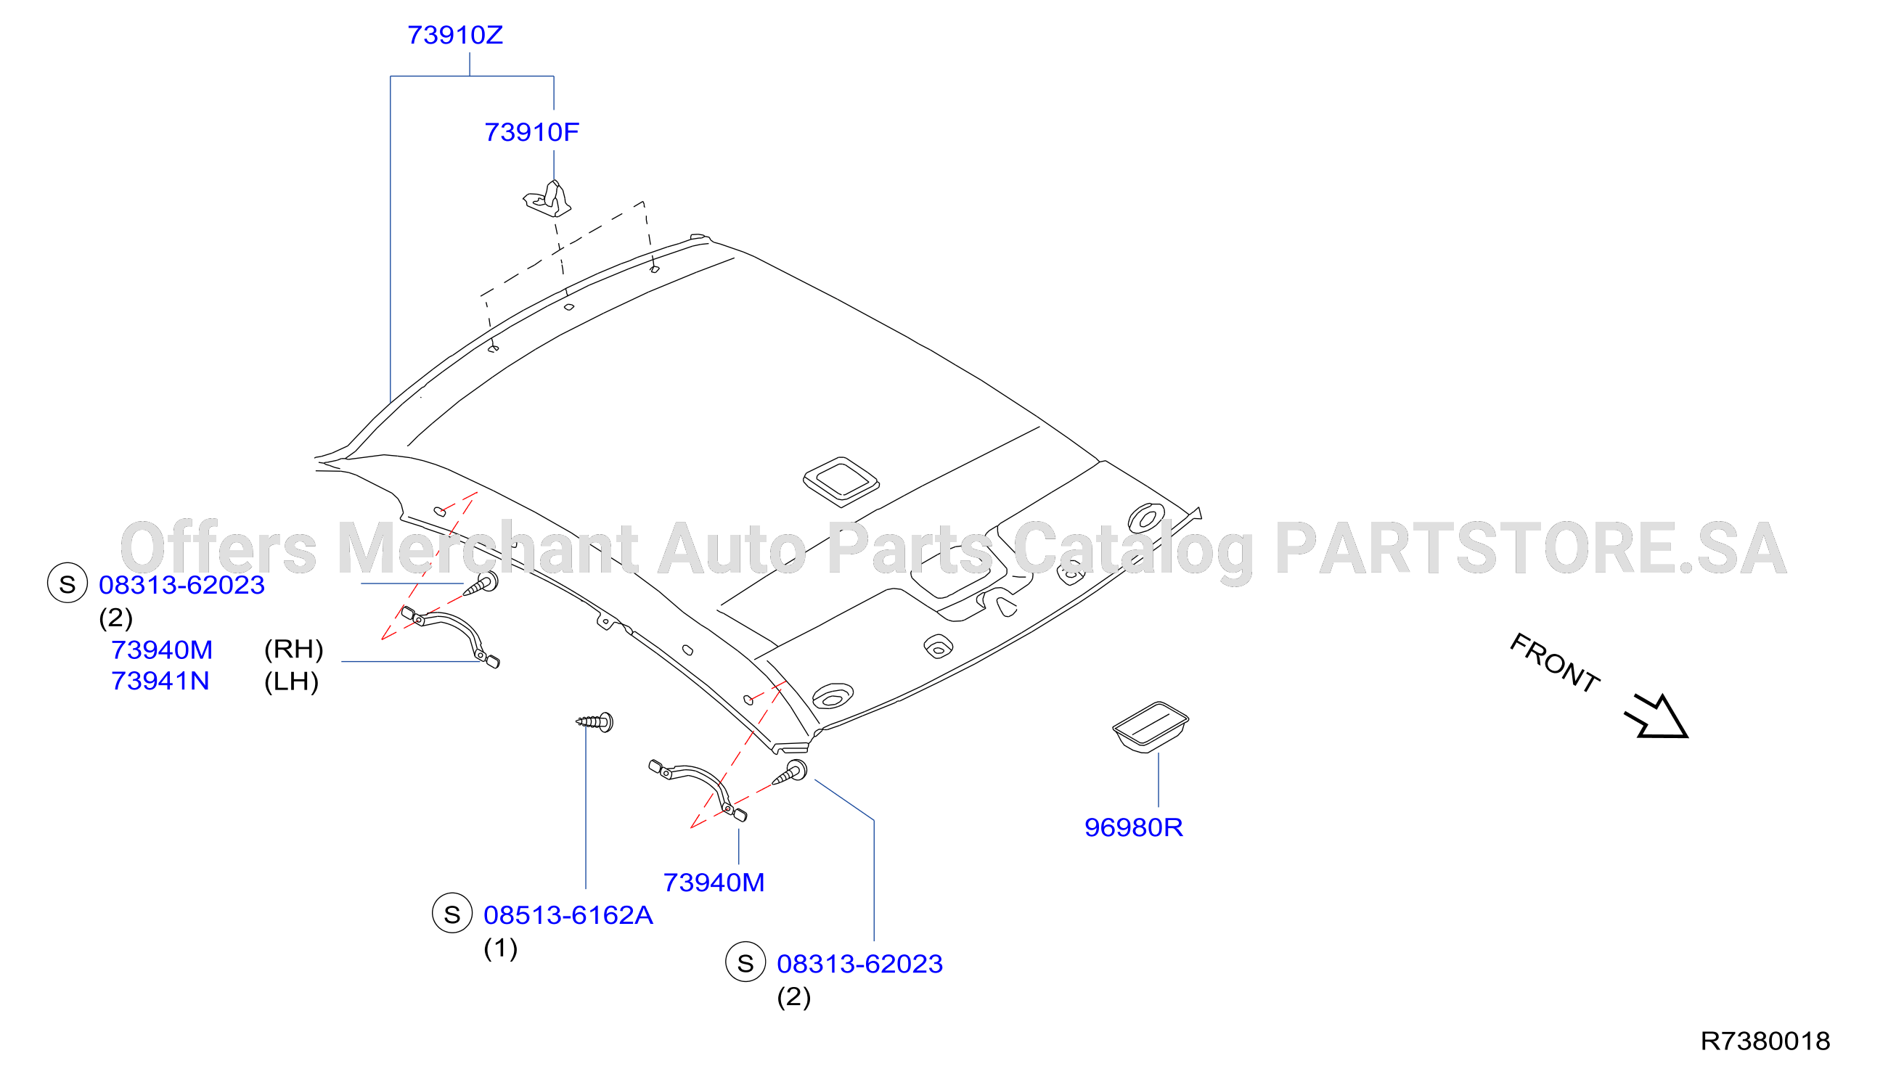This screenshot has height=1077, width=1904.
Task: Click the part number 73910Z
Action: [455, 36]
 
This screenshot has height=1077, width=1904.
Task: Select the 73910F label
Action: [531, 132]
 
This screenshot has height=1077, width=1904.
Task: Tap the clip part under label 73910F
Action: [547, 199]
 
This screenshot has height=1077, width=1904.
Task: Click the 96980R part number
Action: [1133, 828]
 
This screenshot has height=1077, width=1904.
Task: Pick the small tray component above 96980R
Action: [1151, 727]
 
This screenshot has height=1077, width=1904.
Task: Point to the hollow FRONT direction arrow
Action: [1658, 718]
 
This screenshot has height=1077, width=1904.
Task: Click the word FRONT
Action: [1554, 663]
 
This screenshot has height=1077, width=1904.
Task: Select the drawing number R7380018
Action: [1765, 1041]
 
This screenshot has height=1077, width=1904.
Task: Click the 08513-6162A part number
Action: [568, 916]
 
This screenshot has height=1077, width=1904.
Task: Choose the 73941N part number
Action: [160, 681]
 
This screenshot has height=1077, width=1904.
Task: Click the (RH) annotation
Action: [294, 650]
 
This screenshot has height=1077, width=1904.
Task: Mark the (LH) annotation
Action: [292, 682]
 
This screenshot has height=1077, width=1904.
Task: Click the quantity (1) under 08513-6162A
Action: [501, 949]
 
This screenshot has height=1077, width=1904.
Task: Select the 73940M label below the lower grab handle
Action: [714, 883]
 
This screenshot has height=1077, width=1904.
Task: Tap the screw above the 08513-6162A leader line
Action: [595, 721]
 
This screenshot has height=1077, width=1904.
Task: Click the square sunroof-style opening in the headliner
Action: [841, 482]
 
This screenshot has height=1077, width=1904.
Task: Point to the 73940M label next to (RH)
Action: [162, 650]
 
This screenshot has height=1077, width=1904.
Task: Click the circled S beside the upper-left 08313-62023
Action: [68, 583]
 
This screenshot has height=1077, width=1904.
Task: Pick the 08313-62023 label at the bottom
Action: [859, 965]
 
